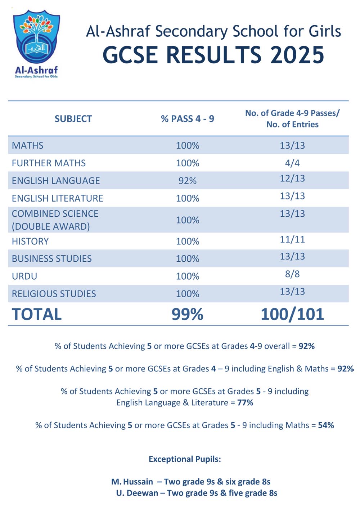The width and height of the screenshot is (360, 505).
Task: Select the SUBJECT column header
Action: coord(73,119)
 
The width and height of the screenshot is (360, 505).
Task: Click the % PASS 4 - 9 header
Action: coord(187,119)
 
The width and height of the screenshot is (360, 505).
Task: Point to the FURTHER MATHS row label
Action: coord(49,163)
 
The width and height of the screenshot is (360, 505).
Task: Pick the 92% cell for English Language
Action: coord(187,181)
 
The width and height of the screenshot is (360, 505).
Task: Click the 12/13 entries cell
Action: coord(292,179)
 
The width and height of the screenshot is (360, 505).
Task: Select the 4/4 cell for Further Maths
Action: coord(292,163)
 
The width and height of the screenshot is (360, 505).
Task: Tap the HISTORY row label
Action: coord(30,241)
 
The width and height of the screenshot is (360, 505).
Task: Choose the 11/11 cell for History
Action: coord(292,239)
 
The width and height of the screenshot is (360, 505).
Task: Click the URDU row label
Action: coord(24,276)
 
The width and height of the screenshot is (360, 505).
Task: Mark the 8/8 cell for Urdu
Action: coord(292,274)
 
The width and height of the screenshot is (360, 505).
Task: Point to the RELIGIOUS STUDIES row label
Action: coord(54,294)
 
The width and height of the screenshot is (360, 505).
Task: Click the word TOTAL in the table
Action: coord(37,314)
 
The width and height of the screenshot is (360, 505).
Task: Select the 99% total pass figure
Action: coord(187,314)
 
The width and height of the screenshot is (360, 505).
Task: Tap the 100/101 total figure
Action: coord(292,314)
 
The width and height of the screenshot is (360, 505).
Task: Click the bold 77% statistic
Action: coord(245,402)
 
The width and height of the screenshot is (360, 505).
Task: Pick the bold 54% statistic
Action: coord(326,425)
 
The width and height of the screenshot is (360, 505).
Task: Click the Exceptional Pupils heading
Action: coord(185,459)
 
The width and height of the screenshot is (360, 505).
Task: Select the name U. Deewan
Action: coord(137,493)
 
